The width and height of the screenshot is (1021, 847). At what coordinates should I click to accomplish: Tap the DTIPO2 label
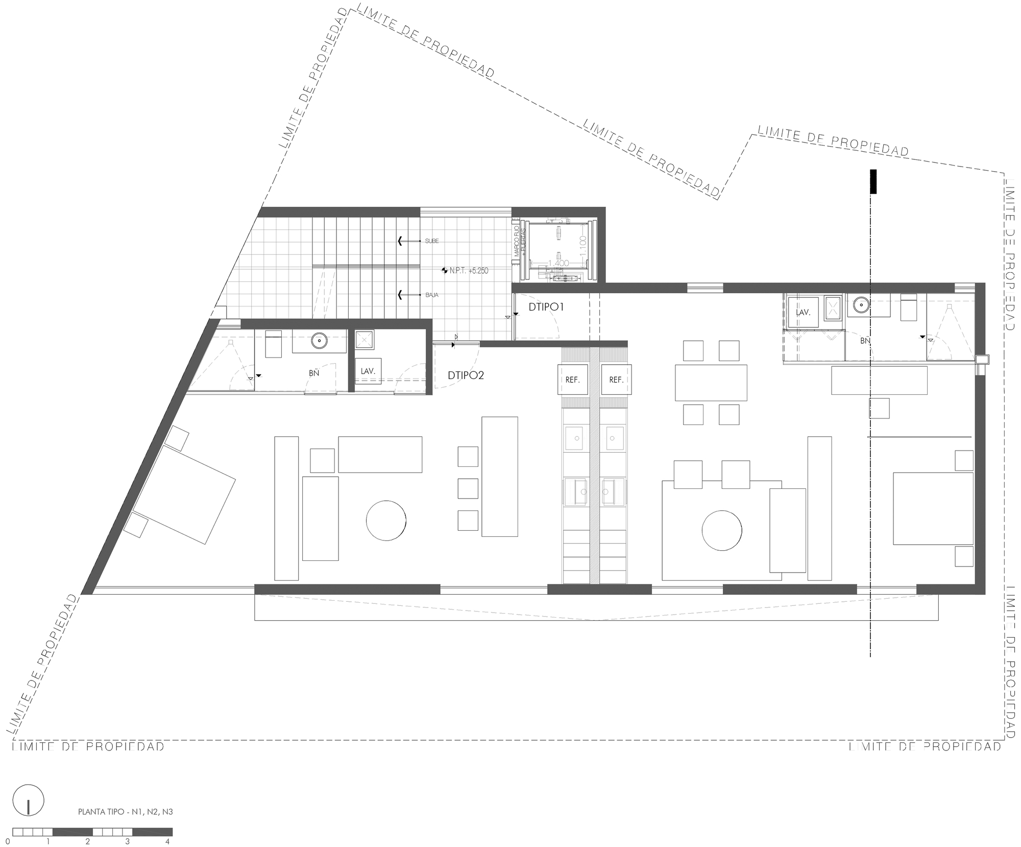pos(466,375)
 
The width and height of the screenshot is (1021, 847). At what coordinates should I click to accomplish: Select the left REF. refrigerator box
pos(573,380)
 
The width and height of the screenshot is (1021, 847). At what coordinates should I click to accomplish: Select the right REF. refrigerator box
pos(616,380)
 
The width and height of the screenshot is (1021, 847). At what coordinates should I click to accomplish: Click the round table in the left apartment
pos(386,520)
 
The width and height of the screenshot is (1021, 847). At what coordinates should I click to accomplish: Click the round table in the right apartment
pos(721,530)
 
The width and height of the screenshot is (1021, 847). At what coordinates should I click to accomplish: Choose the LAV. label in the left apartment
pos(368,371)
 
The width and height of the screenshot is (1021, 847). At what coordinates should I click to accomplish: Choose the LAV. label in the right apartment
pos(803,312)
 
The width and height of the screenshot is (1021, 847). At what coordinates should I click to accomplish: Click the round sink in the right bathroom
pos(861,305)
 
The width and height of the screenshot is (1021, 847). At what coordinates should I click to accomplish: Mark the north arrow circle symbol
pos(29,800)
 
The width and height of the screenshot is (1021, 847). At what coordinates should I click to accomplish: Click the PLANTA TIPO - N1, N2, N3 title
pos(125,811)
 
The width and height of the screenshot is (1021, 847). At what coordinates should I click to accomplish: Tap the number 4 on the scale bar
pos(167,841)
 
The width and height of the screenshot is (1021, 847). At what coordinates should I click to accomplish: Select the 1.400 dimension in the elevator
pos(558,263)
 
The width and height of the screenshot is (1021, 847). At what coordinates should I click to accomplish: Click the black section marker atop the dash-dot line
pos(873,181)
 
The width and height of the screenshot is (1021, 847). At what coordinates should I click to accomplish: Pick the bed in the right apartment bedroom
pos(933,508)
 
